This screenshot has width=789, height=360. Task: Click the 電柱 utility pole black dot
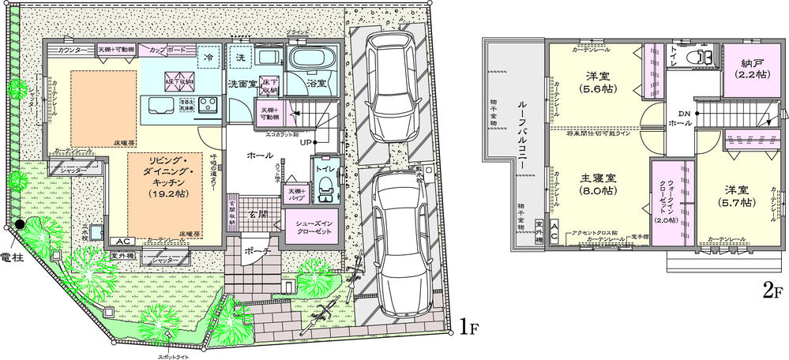pos(17,227)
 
